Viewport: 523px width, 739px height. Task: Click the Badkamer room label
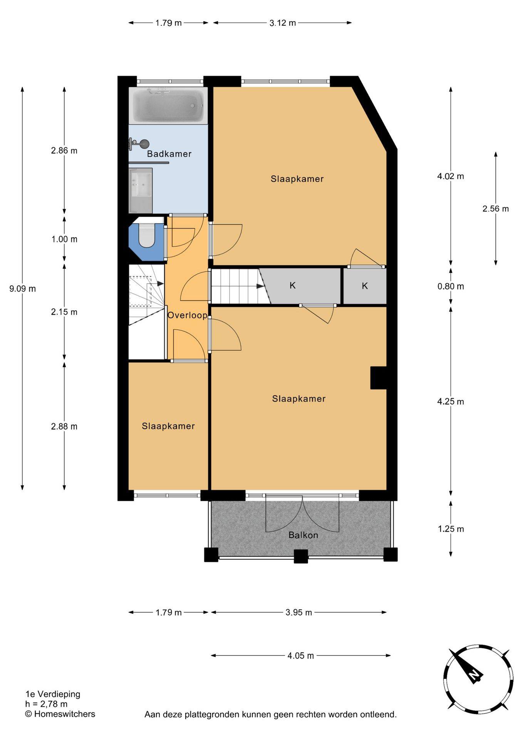169,154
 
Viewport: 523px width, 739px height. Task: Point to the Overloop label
188,315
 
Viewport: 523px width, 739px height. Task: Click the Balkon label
303,535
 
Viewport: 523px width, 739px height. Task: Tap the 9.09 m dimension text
23,289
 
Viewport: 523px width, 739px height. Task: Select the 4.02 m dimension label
451,176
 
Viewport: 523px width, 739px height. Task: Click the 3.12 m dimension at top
283,23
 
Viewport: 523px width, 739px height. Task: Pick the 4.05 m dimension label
301,655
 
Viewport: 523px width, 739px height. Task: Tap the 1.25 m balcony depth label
451,529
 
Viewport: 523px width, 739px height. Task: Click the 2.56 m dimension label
496,209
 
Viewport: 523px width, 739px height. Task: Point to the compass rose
478,679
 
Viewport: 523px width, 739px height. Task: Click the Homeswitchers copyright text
60,714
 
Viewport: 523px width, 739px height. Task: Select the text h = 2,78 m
46,704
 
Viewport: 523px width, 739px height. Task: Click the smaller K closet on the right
365,286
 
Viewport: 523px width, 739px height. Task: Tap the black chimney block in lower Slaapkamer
378,378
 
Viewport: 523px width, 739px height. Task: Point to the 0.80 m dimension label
451,286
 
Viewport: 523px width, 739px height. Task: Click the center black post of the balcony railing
301,556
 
